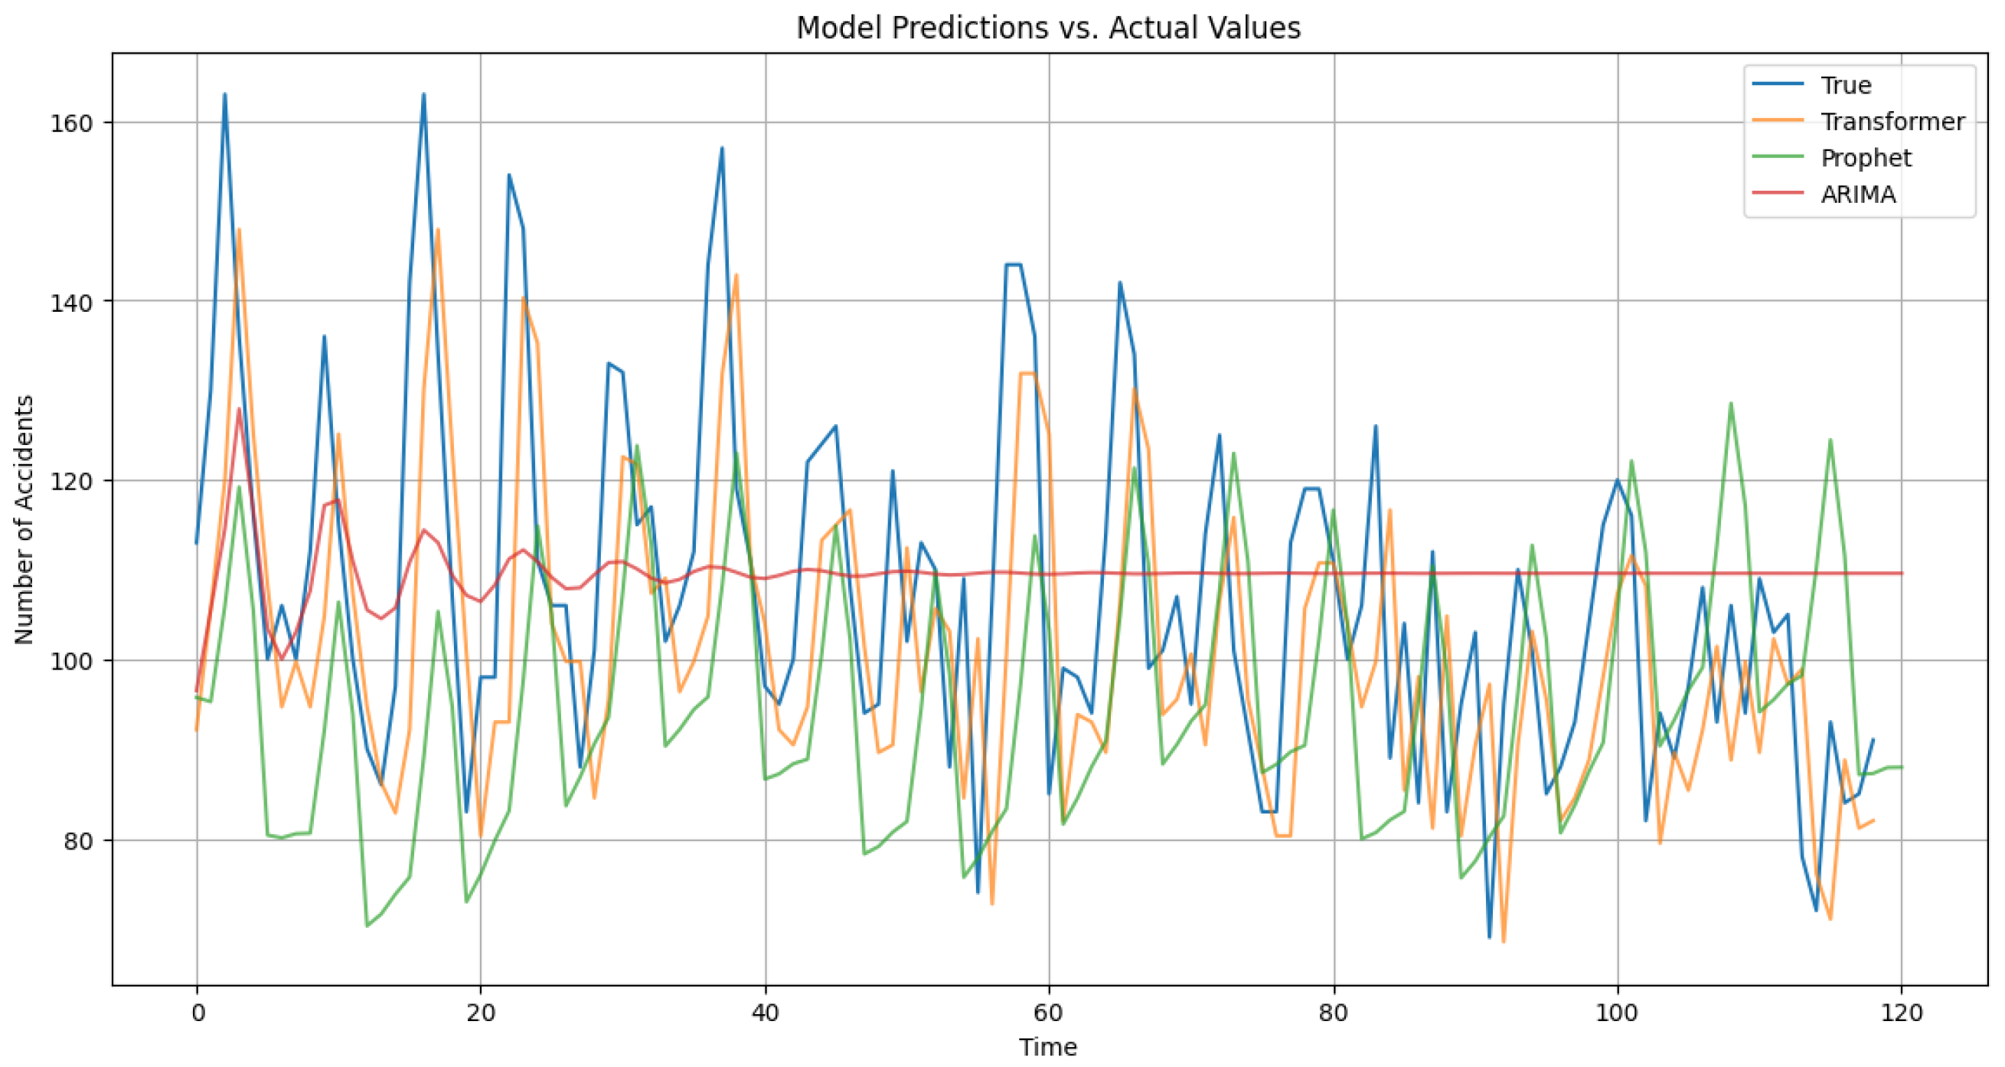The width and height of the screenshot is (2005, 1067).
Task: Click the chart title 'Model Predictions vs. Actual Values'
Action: click(1047, 28)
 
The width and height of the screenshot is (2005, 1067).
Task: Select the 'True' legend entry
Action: click(1846, 85)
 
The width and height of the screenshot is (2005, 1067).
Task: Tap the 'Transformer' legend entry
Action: click(1892, 122)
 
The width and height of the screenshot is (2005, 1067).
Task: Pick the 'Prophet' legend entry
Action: click(1865, 158)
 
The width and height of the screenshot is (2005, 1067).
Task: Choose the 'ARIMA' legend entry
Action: click(1858, 195)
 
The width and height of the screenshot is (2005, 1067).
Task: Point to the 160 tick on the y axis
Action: click(72, 123)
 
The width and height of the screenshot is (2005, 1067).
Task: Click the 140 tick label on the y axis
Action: click(72, 301)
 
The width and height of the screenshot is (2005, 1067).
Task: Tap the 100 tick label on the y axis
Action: click(72, 661)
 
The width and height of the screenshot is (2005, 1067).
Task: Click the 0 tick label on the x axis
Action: click(197, 1013)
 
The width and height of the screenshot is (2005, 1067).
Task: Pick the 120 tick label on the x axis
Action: click(1902, 1013)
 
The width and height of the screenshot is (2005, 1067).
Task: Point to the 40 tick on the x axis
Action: click(765, 1013)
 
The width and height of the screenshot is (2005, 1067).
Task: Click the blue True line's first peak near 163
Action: click(225, 94)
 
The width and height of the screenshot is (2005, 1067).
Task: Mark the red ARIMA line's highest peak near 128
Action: click(239, 409)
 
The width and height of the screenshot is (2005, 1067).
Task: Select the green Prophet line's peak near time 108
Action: click(1731, 404)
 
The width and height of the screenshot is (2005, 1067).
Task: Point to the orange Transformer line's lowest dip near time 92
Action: click(1504, 941)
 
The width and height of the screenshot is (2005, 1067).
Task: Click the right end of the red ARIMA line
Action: click(1902, 573)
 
